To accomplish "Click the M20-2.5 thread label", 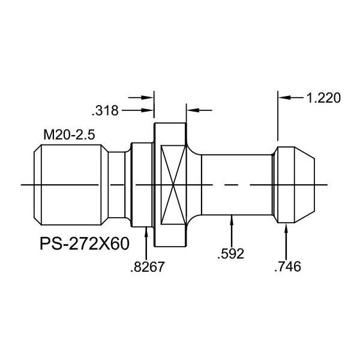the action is tap(69, 135).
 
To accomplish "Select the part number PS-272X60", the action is tap(85, 244).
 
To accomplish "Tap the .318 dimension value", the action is tap(105, 110).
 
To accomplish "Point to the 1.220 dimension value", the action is tap(323, 98).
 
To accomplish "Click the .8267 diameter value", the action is tap(148, 267).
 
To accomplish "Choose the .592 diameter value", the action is tap(230, 254).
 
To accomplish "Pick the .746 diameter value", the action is tap(287, 266).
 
